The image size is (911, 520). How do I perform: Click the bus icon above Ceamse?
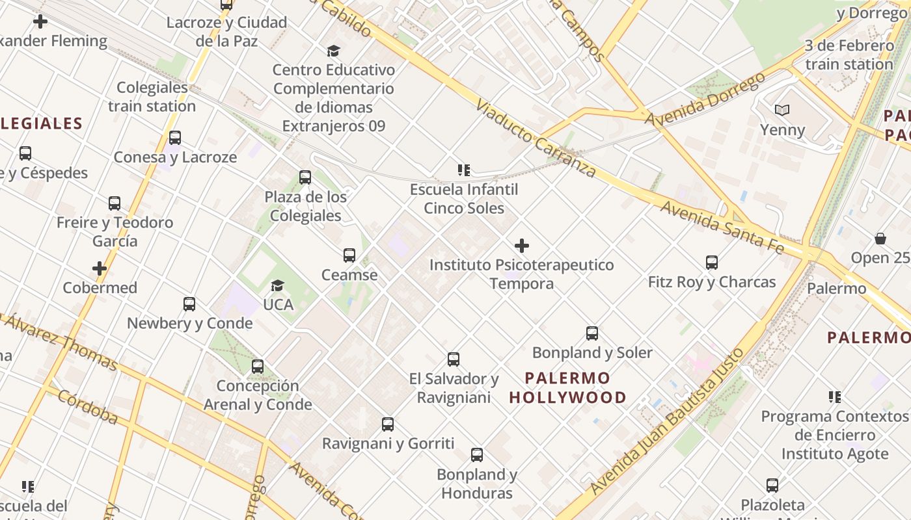click(349, 255)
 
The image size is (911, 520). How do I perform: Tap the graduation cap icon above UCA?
click(277, 285)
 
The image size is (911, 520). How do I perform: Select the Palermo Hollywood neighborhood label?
click(567, 387)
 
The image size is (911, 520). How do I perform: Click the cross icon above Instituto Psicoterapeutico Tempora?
click(522, 246)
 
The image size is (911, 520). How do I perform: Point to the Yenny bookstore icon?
click(782, 110)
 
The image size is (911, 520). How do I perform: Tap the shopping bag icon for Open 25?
click(880, 239)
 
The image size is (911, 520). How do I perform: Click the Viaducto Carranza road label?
click(536, 138)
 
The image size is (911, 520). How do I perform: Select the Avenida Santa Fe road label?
click(721, 226)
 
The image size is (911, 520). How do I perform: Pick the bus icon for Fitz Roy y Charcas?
click(712, 263)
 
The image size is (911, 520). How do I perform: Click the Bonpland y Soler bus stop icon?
click(592, 333)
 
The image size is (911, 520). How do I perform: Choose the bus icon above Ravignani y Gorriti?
click(388, 424)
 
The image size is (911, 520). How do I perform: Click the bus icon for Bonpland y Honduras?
click(477, 455)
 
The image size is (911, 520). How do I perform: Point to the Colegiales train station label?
click(152, 96)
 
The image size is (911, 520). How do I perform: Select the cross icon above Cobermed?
click(100, 268)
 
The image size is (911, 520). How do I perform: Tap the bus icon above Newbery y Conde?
click(189, 304)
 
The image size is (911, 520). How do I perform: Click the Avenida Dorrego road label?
click(705, 99)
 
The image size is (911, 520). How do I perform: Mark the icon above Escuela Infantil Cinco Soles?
click(464, 170)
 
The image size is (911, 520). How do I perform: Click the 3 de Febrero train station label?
click(849, 55)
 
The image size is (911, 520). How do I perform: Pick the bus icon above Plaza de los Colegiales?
click(305, 177)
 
